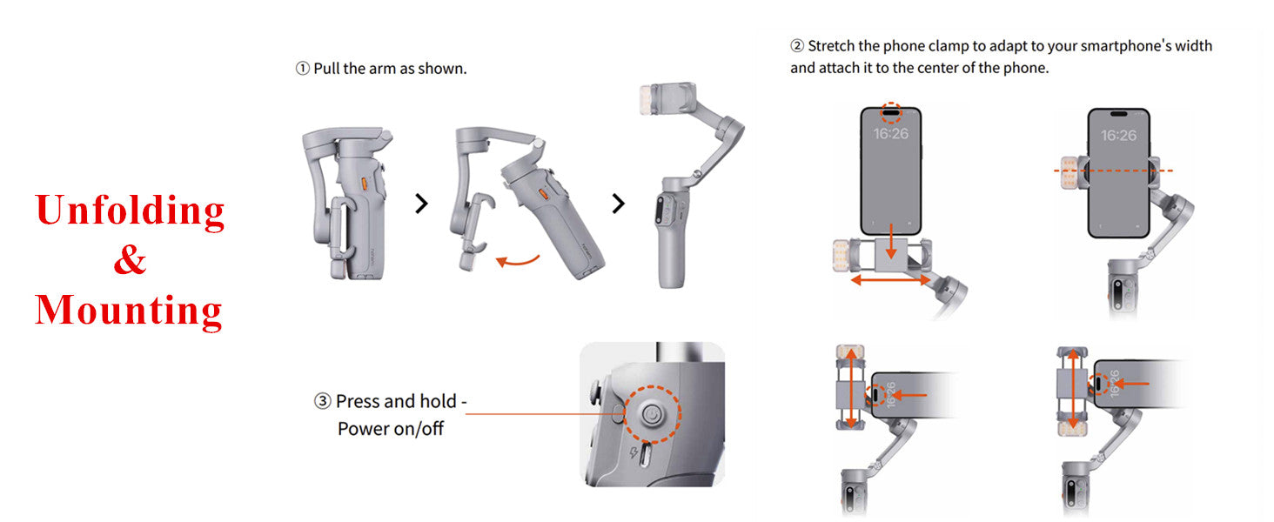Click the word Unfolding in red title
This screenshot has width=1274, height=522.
coord(130,211)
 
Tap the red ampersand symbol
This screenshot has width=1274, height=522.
coord(130,259)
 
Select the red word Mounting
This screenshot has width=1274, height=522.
coord(129,311)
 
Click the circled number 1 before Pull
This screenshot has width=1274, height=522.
coord(303,68)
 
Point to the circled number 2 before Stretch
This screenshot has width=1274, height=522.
coord(797,46)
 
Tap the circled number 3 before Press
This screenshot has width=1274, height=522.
coord(323,401)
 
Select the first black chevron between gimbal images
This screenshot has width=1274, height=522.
coord(421,204)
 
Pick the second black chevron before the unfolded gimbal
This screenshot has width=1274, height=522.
coord(618,204)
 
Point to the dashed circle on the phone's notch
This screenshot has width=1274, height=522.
coord(891,112)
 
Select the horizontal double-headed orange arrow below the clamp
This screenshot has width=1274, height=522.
coord(890,280)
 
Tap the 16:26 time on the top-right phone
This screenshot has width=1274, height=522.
coord(1118,135)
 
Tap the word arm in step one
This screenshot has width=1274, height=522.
coord(382,68)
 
